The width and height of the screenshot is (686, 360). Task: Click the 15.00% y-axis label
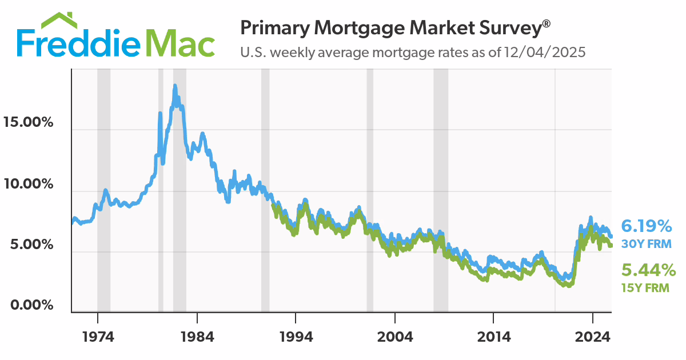[x=28, y=122]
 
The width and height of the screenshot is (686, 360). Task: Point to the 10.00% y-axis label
[x=28, y=184]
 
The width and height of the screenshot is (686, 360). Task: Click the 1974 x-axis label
[x=98, y=336]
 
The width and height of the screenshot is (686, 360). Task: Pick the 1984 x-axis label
[x=197, y=336]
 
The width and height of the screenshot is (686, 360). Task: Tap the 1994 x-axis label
[x=296, y=336]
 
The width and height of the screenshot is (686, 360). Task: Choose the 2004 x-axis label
[x=395, y=336]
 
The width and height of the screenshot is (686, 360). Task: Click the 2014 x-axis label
[x=494, y=336]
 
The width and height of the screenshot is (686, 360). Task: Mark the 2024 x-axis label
[x=593, y=336]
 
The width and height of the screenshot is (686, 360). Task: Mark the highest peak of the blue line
[x=175, y=86]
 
